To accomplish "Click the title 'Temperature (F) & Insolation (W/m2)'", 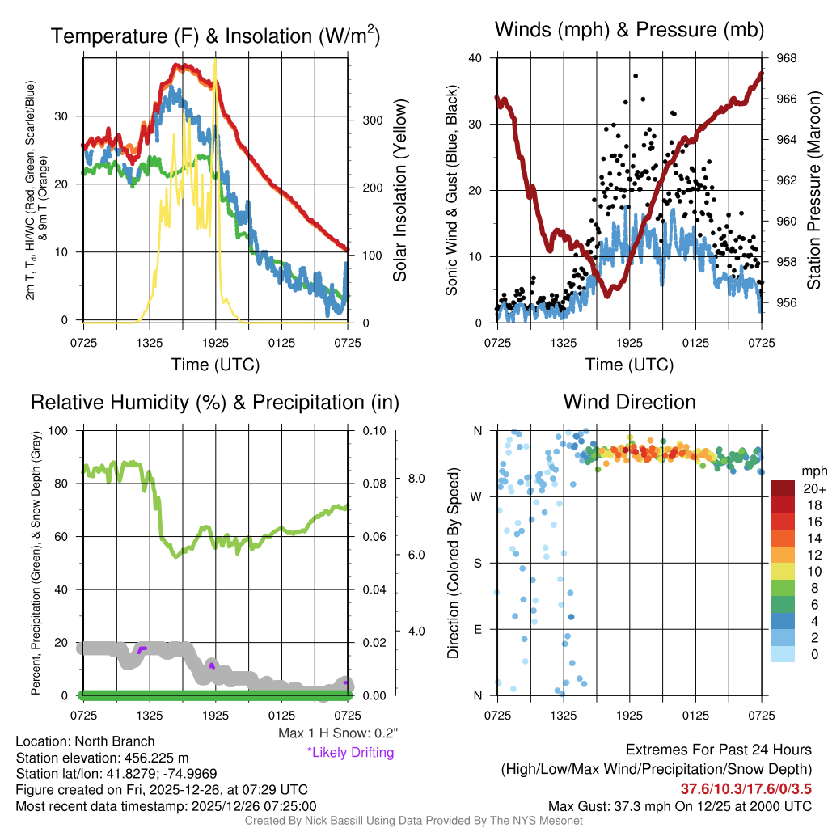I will click(215, 36).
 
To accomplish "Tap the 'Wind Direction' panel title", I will click(629, 402).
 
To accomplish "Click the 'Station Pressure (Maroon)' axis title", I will click(814, 189).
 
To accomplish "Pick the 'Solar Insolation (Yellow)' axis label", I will click(399, 191).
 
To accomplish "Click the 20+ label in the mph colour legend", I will click(812, 488).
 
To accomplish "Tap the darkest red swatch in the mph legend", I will click(783, 488).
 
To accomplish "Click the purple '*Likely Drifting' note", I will click(350, 753).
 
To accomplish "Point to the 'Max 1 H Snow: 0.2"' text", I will click(337, 733).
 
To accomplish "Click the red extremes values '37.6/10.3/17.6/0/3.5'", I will click(746, 788).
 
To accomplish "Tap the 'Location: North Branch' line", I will click(85, 741).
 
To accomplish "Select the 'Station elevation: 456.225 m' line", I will click(102, 758).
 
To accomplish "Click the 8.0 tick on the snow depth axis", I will click(415, 479).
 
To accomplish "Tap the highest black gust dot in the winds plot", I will click(636, 75).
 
